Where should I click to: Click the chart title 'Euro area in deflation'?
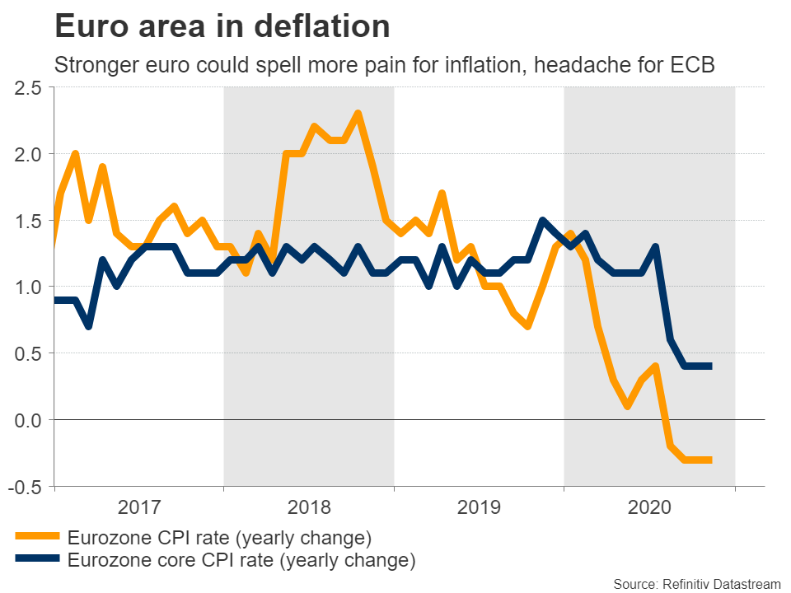(222, 28)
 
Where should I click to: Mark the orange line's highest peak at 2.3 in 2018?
(357, 114)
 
